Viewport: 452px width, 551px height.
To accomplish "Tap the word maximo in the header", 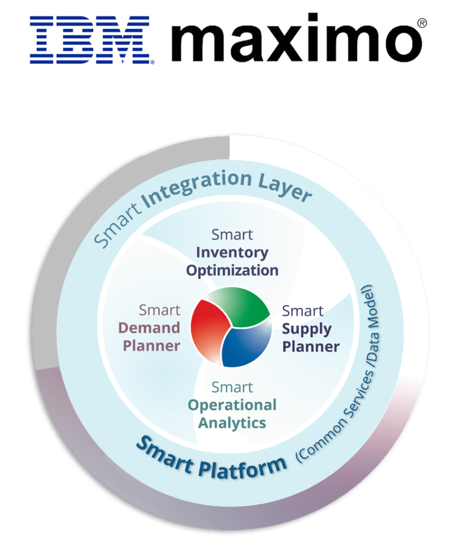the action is point(296,38).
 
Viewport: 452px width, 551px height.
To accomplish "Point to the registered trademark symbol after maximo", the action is point(421,23).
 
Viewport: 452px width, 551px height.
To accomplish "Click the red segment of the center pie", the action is point(209,329).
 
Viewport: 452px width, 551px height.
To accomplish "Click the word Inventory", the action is point(232,253).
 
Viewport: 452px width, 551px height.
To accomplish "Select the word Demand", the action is point(149,328).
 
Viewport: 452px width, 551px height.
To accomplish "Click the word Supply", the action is point(307,330).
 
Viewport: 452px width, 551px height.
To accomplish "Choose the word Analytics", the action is point(232,423).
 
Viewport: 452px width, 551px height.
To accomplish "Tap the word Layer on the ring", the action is point(285,190).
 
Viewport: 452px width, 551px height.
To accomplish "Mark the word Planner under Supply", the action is point(311,347).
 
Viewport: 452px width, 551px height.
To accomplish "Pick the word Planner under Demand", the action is point(151,346).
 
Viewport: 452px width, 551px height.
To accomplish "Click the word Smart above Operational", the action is point(232,388).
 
